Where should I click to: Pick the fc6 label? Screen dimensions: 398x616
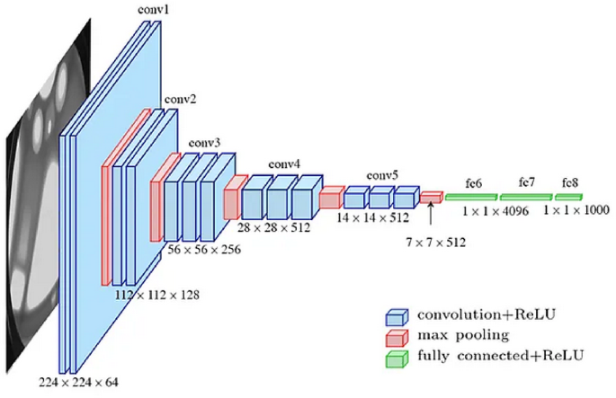[x=474, y=182]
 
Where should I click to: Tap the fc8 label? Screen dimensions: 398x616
[x=570, y=182]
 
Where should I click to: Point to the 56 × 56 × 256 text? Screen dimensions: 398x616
[x=205, y=249]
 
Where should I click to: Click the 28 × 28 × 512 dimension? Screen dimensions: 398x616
[x=281, y=229]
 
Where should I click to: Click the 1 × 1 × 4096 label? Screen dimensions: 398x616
[x=495, y=212]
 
